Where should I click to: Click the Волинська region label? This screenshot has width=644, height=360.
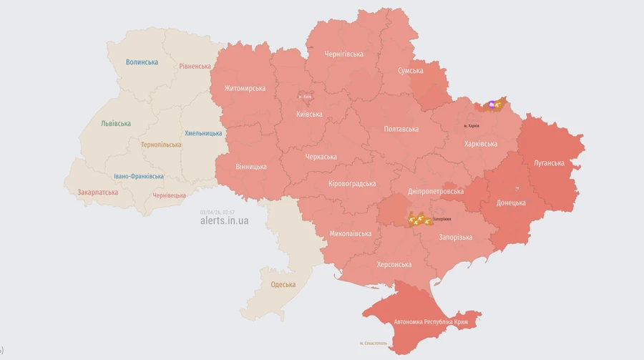(142, 62)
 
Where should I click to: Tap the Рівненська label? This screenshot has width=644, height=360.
(195, 66)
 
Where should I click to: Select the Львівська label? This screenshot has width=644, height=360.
(116, 123)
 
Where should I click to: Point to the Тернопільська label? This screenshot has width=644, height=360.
(161, 145)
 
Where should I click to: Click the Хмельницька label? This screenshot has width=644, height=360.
(203, 133)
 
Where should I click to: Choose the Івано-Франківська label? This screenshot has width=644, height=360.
(139, 176)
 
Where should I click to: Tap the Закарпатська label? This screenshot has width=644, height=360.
(97, 192)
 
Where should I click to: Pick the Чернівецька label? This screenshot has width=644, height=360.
(169, 195)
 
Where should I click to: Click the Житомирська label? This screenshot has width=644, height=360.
(245, 89)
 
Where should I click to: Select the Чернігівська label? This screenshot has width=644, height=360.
(343, 54)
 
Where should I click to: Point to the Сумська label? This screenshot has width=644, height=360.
(411, 71)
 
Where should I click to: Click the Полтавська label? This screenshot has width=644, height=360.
(401, 129)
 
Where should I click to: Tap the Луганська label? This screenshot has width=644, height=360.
(549, 163)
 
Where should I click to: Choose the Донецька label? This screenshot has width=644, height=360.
(511, 203)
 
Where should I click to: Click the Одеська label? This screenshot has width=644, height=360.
(283, 285)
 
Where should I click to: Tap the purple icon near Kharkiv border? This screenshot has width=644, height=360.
(492, 105)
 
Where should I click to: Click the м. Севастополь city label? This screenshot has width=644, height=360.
(373, 344)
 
